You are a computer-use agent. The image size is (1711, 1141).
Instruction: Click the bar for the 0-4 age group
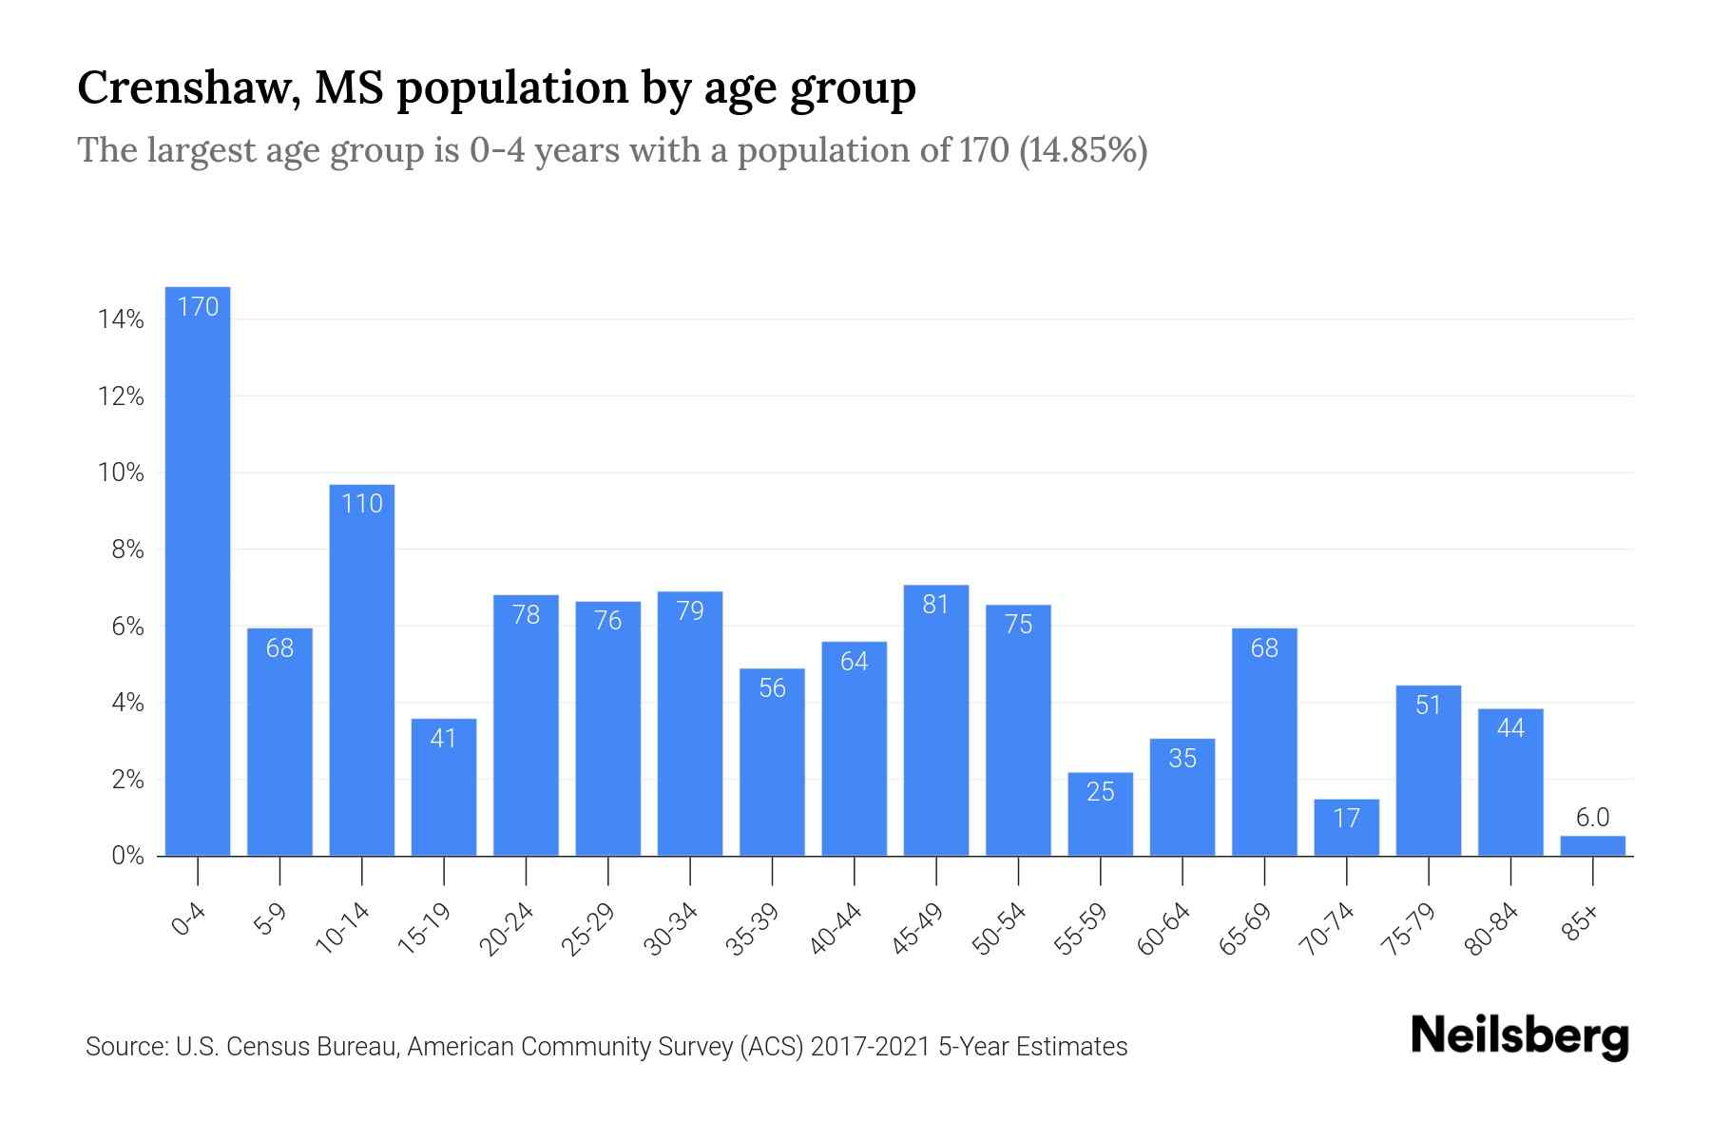pos(198,570)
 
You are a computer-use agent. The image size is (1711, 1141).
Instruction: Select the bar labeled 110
pos(362,670)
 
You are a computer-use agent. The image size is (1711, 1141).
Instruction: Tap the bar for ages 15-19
pos(444,787)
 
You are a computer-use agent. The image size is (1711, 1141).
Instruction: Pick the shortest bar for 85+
pos(1592,846)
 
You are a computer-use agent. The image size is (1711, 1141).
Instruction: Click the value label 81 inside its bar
pos(936,605)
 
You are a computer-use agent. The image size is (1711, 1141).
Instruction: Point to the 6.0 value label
pos(1592,818)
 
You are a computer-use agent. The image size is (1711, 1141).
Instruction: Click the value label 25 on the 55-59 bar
pos(1100,792)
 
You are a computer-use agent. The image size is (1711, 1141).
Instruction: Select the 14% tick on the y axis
pos(121,319)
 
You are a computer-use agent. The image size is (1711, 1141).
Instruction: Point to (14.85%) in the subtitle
pos(1083,150)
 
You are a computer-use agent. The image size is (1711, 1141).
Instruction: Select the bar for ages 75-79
pos(1428,770)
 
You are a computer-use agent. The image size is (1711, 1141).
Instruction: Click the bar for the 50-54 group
pos(1018,730)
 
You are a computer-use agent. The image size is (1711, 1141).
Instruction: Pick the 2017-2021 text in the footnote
pos(870,1047)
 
